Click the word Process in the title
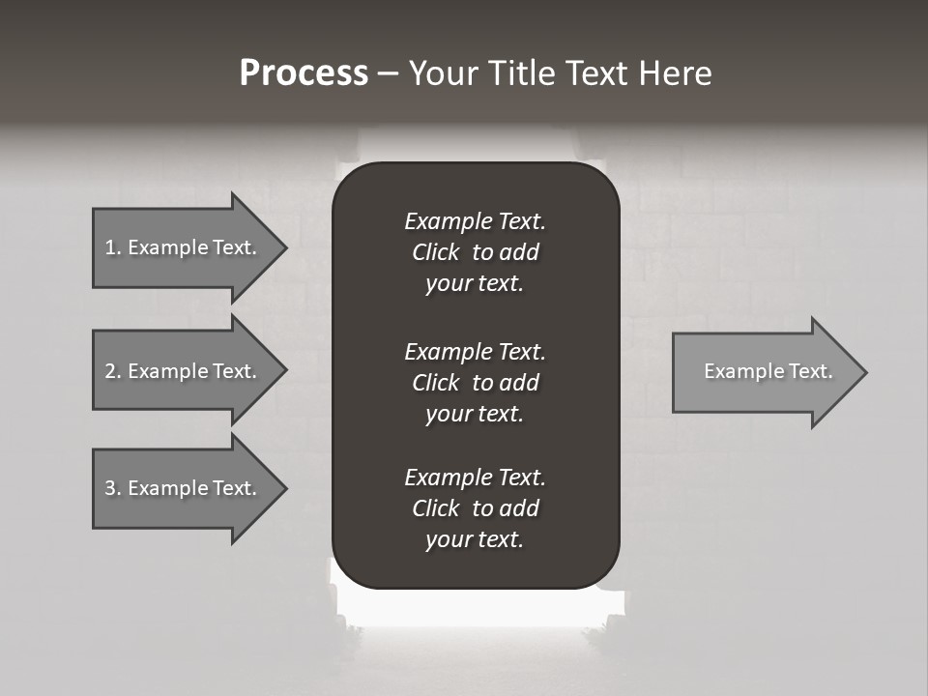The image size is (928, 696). point(304,73)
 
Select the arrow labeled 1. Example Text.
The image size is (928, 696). point(184,247)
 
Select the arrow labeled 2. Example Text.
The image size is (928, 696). point(184,371)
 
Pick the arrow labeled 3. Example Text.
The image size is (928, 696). point(184,488)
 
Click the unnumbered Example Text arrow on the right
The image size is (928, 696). point(764,371)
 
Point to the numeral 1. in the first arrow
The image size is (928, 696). point(112,247)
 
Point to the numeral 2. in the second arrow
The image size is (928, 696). point(112,371)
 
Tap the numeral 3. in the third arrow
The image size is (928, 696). point(112,488)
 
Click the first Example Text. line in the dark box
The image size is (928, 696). point(475,221)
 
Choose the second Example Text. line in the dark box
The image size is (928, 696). point(475,351)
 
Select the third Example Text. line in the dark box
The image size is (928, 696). point(475,478)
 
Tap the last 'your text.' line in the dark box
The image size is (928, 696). point(475,539)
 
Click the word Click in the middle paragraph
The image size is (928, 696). point(436,383)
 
